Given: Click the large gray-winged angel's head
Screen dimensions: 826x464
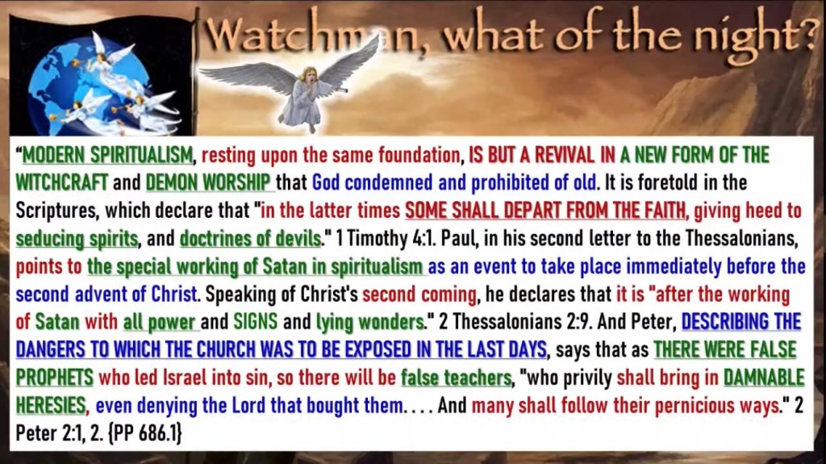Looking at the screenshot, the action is (307, 74).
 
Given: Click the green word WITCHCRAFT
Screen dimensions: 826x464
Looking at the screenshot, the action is (61, 182).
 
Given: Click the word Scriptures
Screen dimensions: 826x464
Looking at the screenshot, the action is (57, 211).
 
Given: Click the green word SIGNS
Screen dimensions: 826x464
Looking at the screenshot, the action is (256, 322).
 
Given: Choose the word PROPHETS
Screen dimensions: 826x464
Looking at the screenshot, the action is (54, 378).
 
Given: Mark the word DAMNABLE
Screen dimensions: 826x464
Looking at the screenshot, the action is (764, 378).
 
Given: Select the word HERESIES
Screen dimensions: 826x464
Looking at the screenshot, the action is (51, 405).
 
